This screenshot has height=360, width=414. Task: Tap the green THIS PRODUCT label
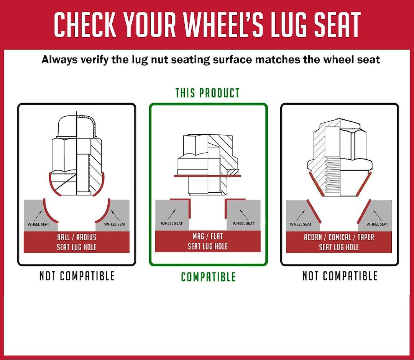tap(207, 93)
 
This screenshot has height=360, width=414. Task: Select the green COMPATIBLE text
tap(208, 277)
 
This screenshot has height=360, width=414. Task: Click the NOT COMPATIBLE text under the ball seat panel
tap(77, 276)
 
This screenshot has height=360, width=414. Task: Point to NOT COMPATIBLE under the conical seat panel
tap(340, 276)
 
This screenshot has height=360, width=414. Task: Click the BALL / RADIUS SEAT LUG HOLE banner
tap(77, 242)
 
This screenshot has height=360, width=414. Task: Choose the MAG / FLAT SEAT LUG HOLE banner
tap(208, 241)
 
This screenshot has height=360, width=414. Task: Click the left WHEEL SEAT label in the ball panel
tap(38, 224)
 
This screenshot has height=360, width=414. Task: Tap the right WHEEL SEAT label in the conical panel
tap(377, 224)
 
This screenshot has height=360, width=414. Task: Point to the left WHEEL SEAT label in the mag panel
tap(172, 223)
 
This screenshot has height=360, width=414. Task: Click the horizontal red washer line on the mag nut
tap(208, 176)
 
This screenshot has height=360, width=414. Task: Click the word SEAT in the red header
tap(337, 24)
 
